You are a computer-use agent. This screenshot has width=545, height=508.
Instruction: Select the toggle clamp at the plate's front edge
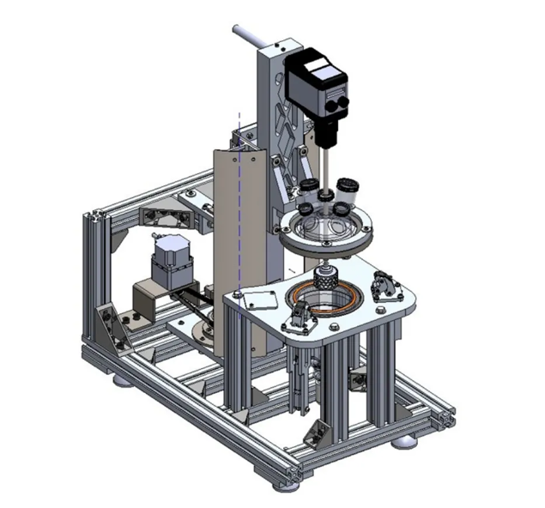(x=300, y=317)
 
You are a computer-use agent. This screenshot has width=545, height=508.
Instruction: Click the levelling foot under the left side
(x=124, y=378)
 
